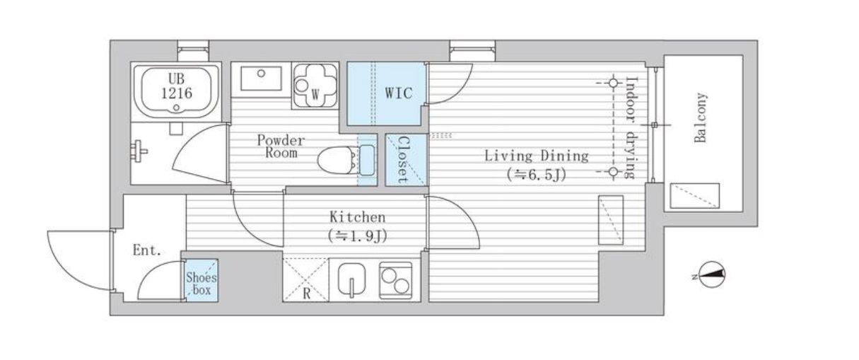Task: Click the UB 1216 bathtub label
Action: point(177,86)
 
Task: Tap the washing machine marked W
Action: point(315,85)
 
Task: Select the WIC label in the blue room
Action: point(399,93)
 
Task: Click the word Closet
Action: point(403,159)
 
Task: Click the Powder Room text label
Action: point(281,146)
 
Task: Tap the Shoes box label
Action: point(201,283)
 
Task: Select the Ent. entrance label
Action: point(147,250)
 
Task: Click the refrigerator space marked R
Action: point(306,279)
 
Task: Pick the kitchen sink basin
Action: point(351,280)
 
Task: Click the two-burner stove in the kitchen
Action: point(396,281)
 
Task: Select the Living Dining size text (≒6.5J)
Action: point(537,175)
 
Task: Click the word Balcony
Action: point(701,118)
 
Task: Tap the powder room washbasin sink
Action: point(261,79)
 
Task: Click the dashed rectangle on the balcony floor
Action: point(694,196)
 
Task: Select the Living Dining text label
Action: point(537,156)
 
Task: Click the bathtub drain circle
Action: point(177,108)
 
